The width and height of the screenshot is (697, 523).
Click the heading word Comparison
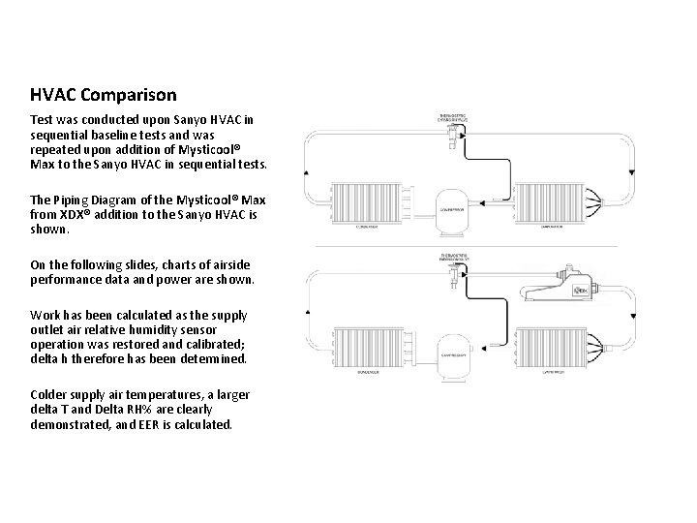[129, 95]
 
